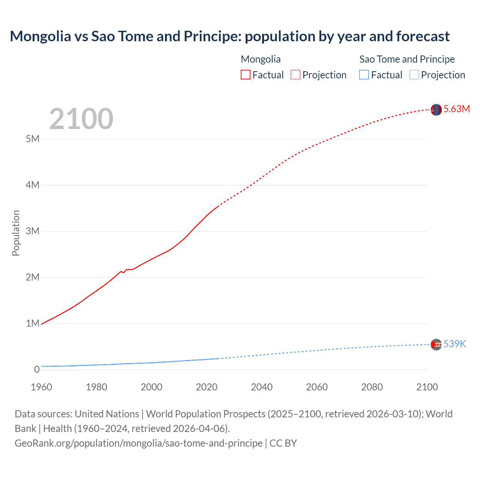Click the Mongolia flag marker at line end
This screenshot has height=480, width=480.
click(x=436, y=110)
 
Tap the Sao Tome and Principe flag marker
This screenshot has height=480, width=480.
click(x=436, y=344)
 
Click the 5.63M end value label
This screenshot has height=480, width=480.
click(x=456, y=109)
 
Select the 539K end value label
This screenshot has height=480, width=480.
click(x=454, y=344)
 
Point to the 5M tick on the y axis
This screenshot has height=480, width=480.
click(x=33, y=139)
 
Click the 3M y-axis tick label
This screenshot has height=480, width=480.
click(x=33, y=231)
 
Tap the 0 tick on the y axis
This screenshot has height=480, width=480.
click(x=37, y=370)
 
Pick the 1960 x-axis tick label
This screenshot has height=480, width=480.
click(x=42, y=387)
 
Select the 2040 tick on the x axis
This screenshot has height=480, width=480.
click(x=262, y=387)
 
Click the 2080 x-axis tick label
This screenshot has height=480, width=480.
click(x=372, y=387)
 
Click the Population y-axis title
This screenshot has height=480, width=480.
click(x=16, y=233)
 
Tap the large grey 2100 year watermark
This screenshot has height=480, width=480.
click(x=81, y=119)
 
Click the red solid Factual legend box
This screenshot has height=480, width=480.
click(x=246, y=75)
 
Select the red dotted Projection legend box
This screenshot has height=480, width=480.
click(x=295, y=75)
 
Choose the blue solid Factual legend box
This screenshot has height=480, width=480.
click(x=364, y=75)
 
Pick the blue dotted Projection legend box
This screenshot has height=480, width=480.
click(x=414, y=75)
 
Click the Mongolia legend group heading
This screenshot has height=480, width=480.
click(x=261, y=59)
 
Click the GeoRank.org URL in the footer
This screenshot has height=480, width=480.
click(x=138, y=443)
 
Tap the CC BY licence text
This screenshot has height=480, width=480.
click(x=283, y=443)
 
